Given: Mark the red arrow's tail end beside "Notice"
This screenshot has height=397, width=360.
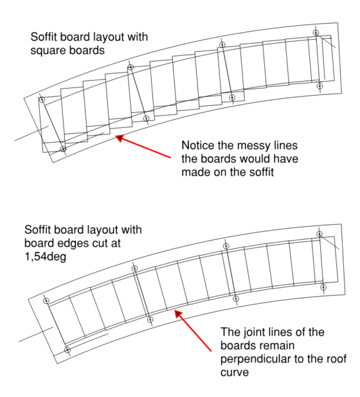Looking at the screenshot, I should [x=172, y=157].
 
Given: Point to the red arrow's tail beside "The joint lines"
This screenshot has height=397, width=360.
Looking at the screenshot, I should [x=212, y=351].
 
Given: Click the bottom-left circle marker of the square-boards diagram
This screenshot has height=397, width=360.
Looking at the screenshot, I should [x=63, y=149].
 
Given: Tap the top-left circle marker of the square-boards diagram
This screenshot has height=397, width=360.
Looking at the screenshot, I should [x=42, y=100].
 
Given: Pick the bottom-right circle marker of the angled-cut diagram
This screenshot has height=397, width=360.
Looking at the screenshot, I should [x=323, y=287].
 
